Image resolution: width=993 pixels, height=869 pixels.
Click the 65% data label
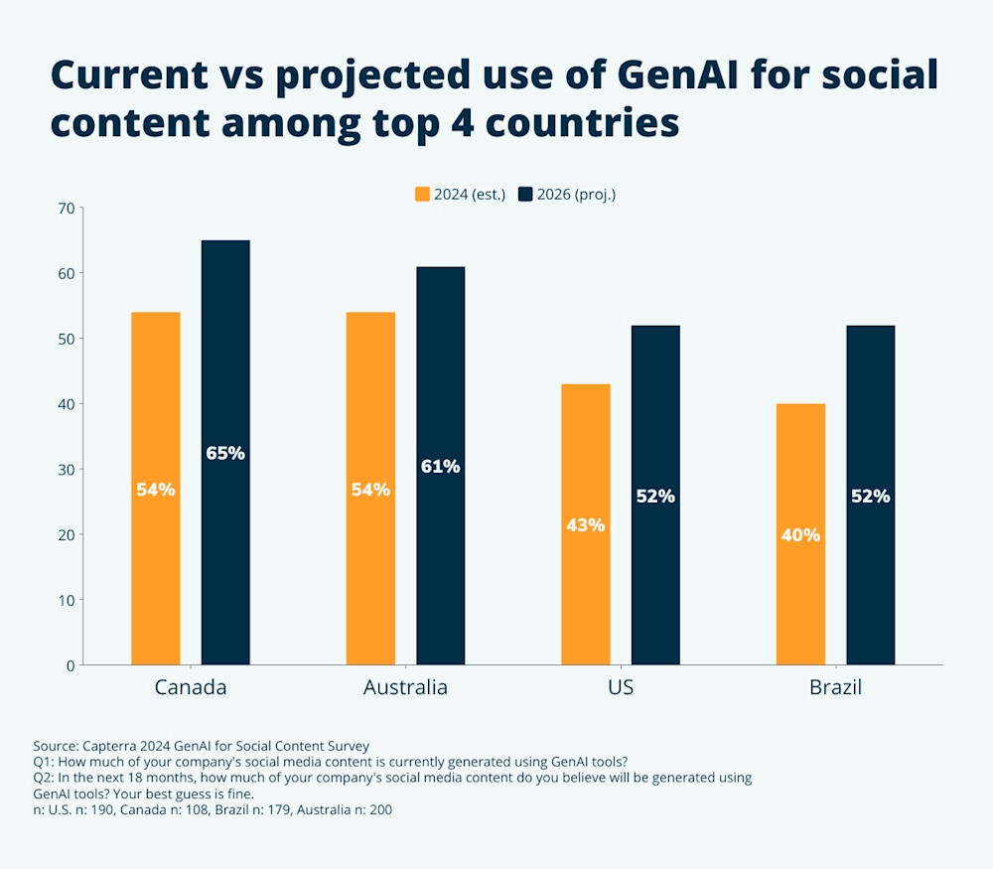(225, 453)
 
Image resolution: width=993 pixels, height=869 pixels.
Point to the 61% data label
(440, 466)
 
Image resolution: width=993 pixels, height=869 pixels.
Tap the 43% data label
(585, 524)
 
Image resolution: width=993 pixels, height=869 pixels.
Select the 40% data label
(800, 534)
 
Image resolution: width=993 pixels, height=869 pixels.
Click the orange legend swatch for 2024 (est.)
(422, 194)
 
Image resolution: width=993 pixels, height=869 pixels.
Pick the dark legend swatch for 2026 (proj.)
(525, 194)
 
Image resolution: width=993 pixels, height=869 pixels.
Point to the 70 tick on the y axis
(67, 208)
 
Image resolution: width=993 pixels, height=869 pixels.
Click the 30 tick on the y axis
(67, 469)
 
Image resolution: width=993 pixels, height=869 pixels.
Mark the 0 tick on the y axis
(71, 665)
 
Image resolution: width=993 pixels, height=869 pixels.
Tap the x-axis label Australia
(405, 687)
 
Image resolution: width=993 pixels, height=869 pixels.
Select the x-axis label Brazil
(834, 687)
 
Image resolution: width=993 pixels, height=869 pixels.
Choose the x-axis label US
(621, 687)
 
